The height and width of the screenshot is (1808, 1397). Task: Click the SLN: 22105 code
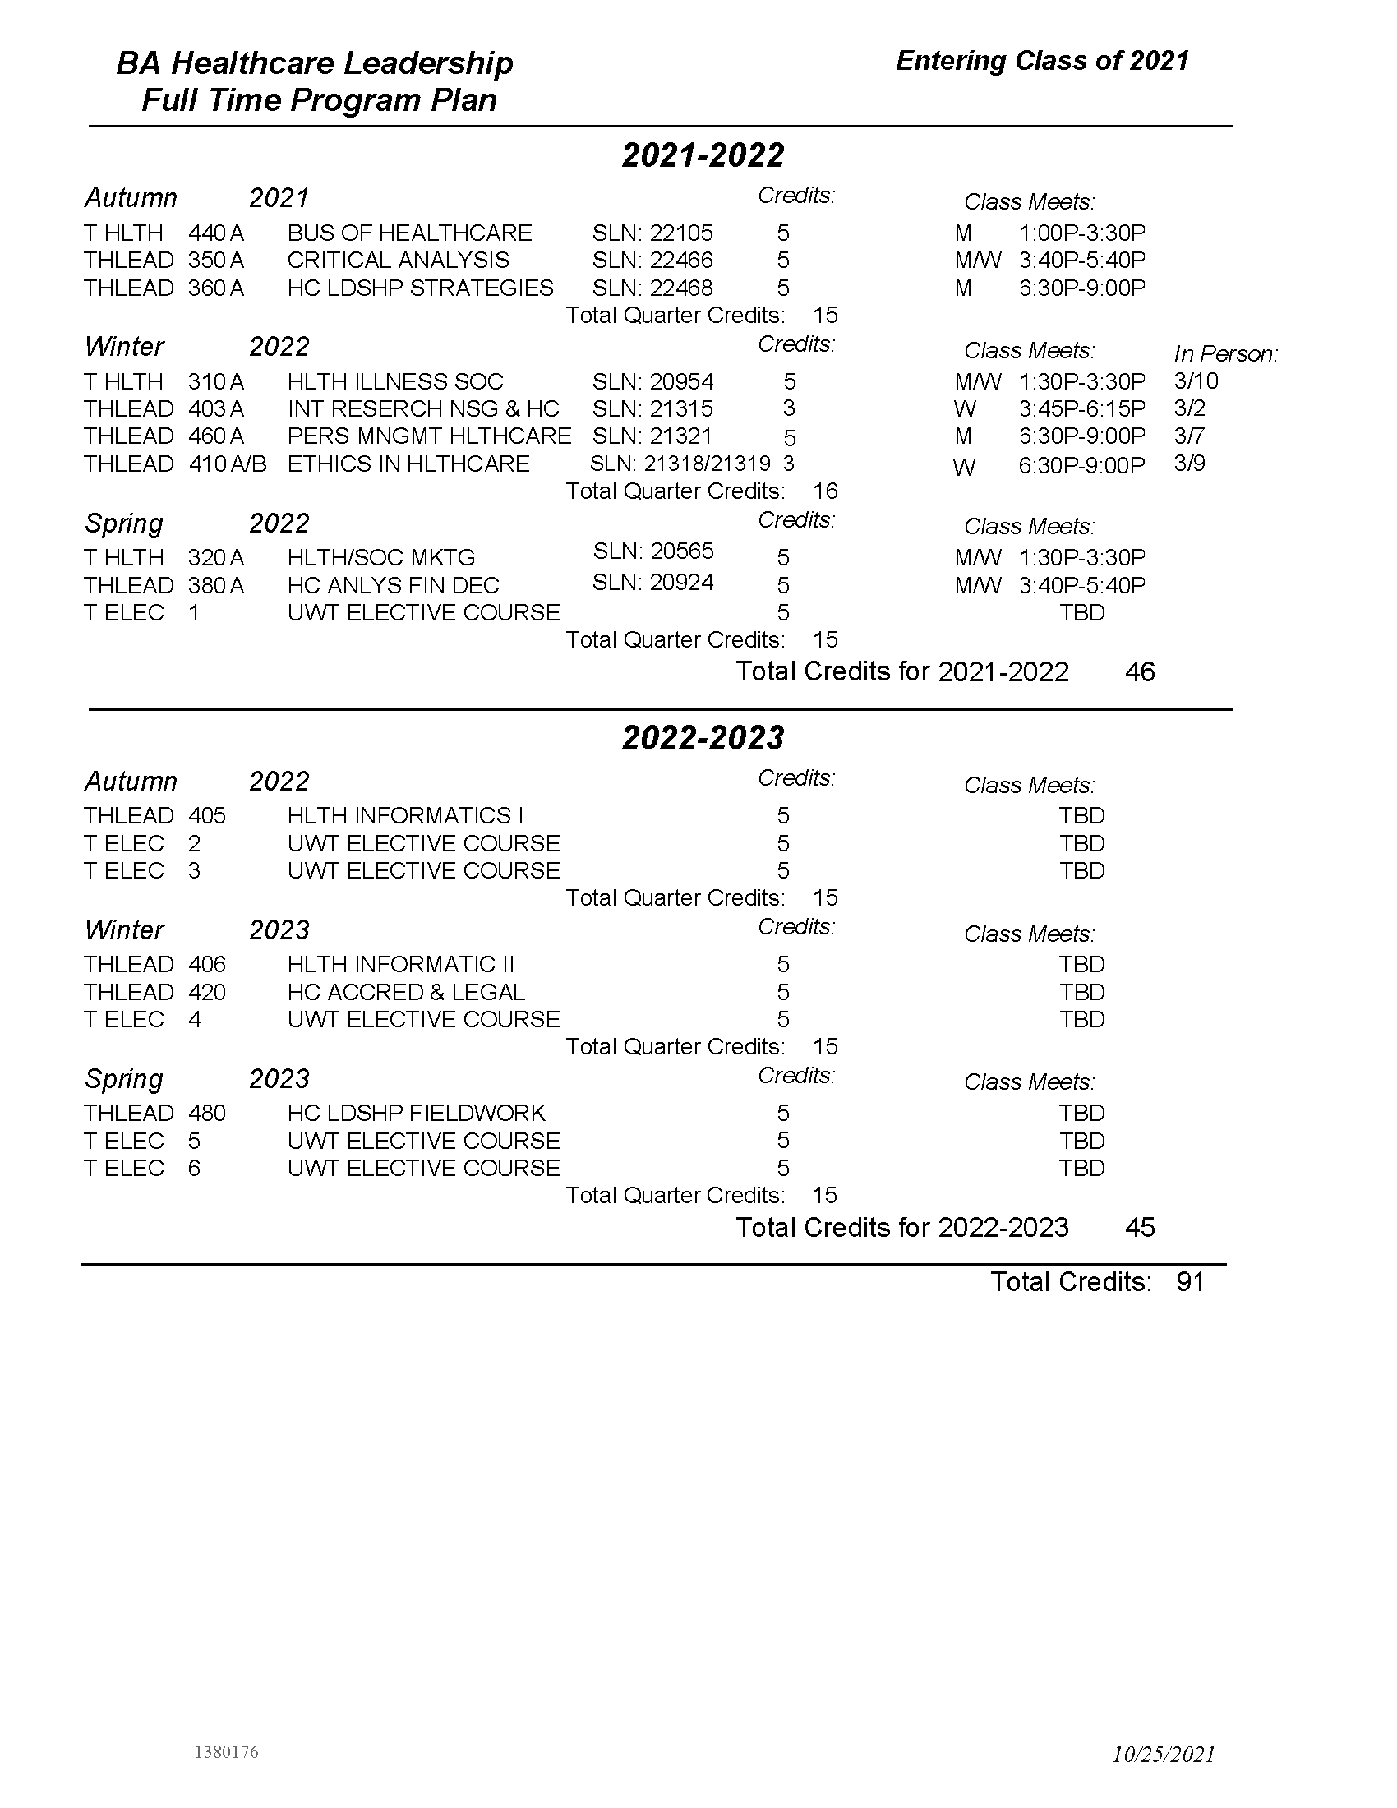[x=652, y=233]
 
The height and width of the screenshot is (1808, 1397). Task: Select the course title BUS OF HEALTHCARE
[x=410, y=233]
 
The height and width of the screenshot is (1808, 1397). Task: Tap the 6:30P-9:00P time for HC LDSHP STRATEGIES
[x=1081, y=288]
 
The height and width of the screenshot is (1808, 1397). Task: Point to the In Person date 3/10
[x=1196, y=381]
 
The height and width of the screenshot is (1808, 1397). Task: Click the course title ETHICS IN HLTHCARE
[x=408, y=464]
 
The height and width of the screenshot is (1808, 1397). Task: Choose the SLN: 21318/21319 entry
[x=680, y=464]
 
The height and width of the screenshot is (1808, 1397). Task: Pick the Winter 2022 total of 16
[x=825, y=491]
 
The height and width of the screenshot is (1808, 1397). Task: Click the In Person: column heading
[x=1226, y=354]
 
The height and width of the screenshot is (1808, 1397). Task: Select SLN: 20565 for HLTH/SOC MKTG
[x=653, y=551]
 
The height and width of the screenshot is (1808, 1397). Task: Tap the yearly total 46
[x=1140, y=671]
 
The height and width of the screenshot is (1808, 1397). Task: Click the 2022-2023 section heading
[x=703, y=738]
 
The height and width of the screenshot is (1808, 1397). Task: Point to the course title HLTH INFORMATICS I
[x=405, y=816]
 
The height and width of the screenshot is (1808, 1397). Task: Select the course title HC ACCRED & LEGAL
[x=405, y=992]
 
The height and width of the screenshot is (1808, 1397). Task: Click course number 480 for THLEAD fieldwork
[x=207, y=1114]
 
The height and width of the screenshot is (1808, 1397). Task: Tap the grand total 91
[x=1190, y=1282]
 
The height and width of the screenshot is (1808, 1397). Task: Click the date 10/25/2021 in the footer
[x=1164, y=1755]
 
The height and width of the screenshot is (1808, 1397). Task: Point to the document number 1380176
[x=226, y=1752]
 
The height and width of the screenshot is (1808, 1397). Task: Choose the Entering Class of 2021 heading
[x=1042, y=61]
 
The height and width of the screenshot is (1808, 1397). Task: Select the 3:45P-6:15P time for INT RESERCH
[x=1081, y=409]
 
